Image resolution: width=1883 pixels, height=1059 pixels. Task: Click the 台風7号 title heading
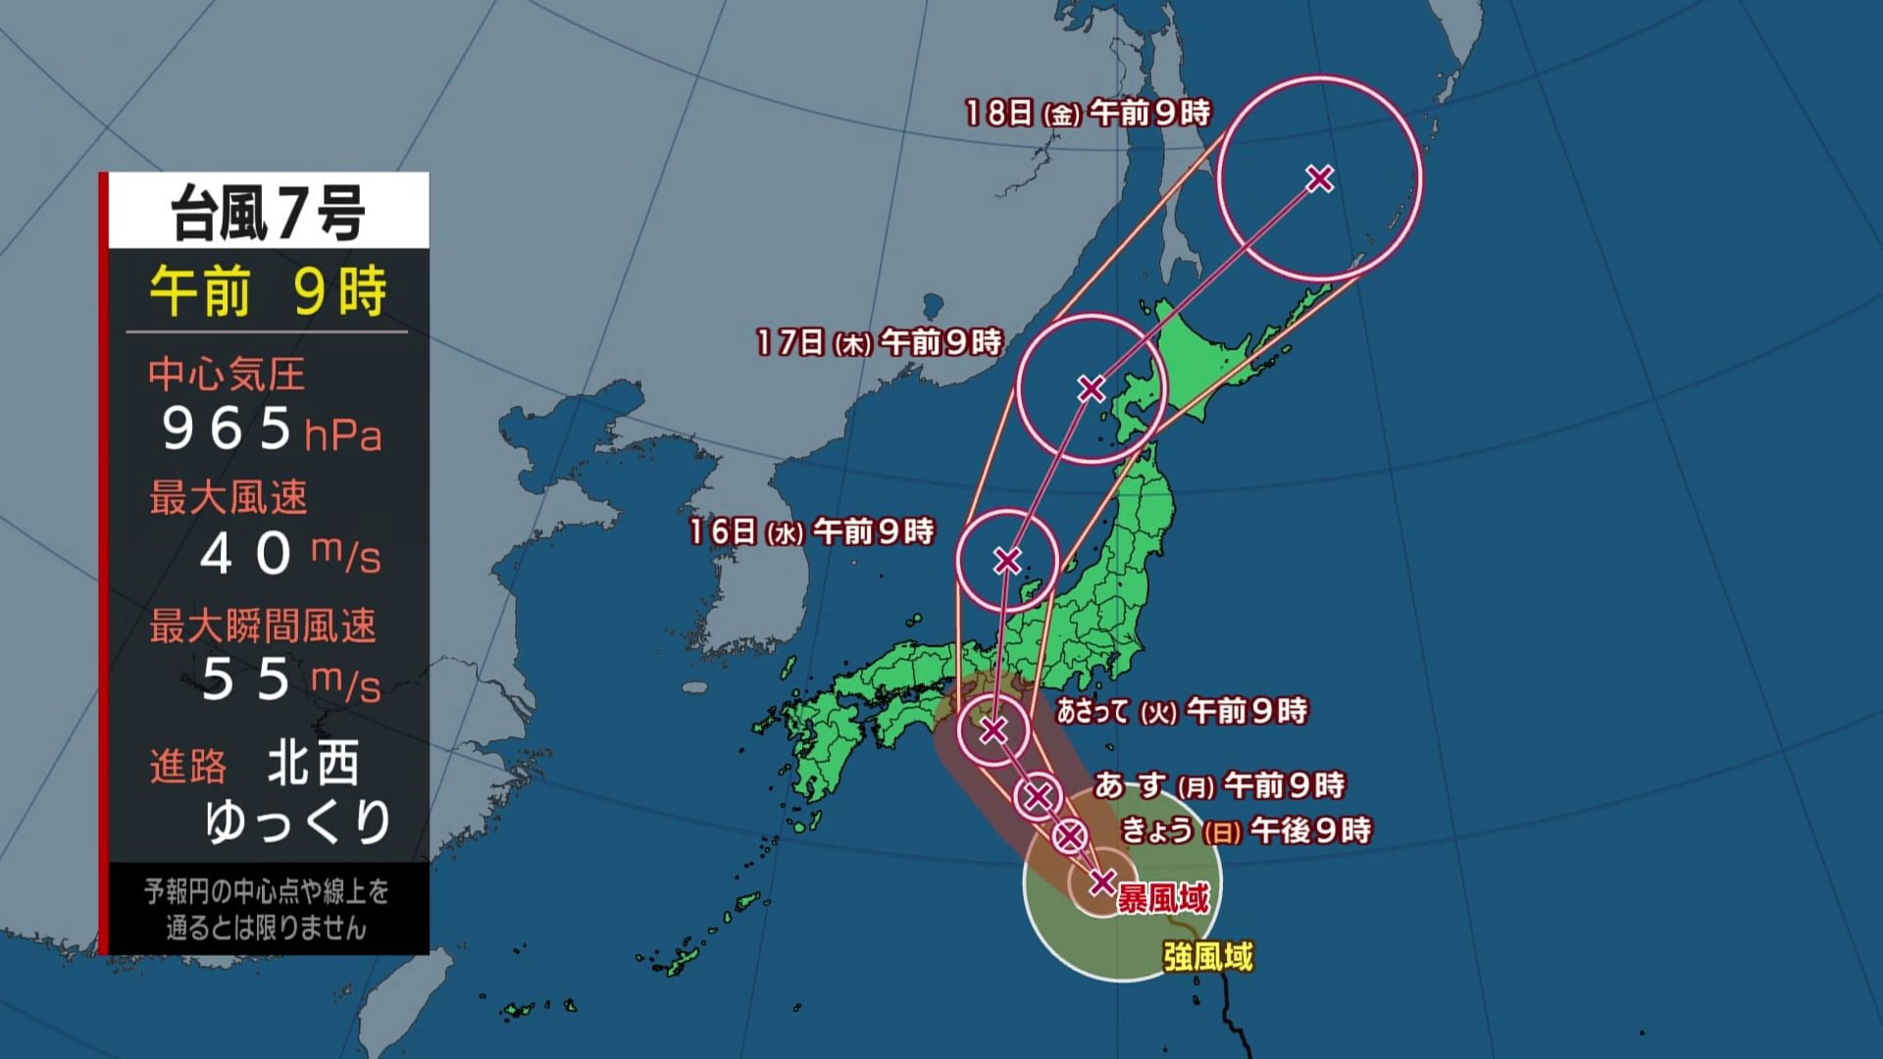pyautogui.click(x=268, y=213)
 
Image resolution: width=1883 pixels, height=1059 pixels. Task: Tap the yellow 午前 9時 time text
pyautogui.click(x=268, y=291)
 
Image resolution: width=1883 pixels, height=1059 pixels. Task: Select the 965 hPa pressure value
pyautogui.click(x=270, y=429)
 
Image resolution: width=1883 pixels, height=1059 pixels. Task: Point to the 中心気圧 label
pyautogui.click(x=227, y=375)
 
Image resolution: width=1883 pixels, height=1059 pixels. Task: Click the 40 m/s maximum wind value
pyautogui.click(x=288, y=554)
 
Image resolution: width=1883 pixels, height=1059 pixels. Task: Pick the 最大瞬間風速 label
pyautogui.click(x=262, y=626)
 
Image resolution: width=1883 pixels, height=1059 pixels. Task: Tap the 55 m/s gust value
pyautogui.click(x=289, y=680)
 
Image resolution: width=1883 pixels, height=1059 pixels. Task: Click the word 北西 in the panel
pyautogui.click(x=313, y=764)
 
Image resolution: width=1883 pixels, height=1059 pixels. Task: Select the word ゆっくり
pyautogui.click(x=298, y=822)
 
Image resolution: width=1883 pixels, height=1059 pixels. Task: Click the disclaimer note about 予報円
pyautogui.click(x=266, y=909)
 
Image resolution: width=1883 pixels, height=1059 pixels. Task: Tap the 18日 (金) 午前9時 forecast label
pyautogui.click(x=1087, y=114)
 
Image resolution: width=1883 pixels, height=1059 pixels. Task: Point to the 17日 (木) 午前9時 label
pyautogui.click(x=879, y=343)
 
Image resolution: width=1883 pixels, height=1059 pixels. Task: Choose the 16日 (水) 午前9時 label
pyautogui.click(x=811, y=532)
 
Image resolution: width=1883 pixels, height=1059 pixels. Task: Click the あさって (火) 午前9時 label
pyautogui.click(x=1182, y=711)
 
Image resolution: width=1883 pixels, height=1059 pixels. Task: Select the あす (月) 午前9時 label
pyautogui.click(x=1219, y=785)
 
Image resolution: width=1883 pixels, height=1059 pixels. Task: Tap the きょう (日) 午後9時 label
pyautogui.click(x=1246, y=832)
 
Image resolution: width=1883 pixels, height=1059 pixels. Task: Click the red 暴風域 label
pyautogui.click(x=1163, y=897)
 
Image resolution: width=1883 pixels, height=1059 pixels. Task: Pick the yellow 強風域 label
pyautogui.click(x=1208, y=956)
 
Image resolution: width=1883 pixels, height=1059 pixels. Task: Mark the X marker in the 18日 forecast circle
pyautogui.click(x=1320, y=178)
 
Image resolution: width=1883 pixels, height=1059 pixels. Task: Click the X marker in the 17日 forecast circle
pyautogui.click(x=1091, y=389)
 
